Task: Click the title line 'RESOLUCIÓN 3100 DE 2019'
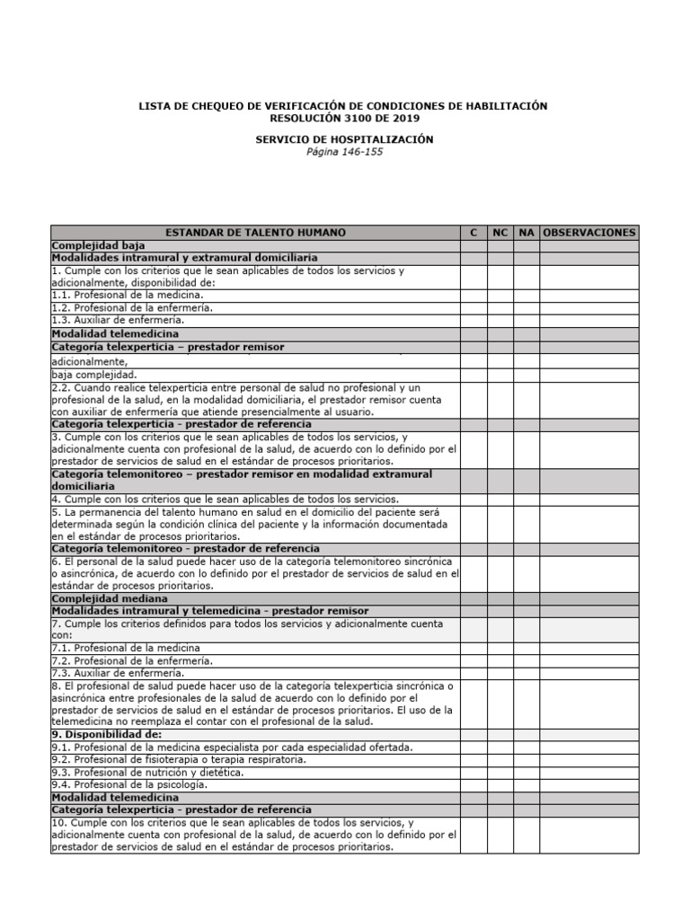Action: click(x=344, y=118)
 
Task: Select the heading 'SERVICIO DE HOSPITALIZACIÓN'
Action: click(x=344, y=139)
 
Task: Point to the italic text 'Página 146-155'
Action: click(x=344, y=152)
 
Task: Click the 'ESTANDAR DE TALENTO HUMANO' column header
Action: click(x=255, y=233)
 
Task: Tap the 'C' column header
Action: click(x=473, y=233)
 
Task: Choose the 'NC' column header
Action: click(x=500, y=233)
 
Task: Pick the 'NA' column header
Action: click(x=526, y=233)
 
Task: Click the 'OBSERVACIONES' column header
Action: click(x=589, y=233)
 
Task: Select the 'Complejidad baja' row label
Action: click(x=99, y=245)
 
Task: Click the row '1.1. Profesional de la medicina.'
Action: click(x=128, y=294)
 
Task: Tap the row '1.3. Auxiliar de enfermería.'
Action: click(x=118, y=319)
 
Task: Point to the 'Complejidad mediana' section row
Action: click(x=110, y=597)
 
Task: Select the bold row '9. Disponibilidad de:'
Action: click(x=107, y=734)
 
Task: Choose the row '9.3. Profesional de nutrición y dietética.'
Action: click(x=148, y=772)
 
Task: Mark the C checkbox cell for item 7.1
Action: click(x=473, y=648)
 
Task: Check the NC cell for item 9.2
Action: click(x=500, y=759)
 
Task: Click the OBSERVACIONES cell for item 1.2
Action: click(x=589, y=306)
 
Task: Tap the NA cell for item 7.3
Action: click(x=526, y=673)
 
